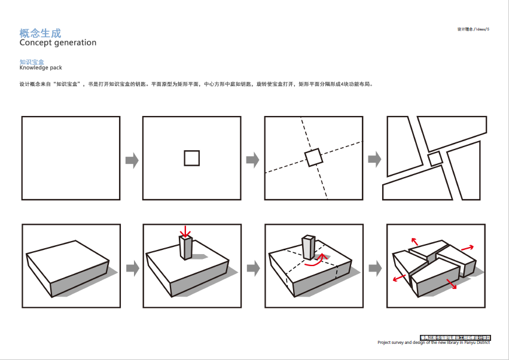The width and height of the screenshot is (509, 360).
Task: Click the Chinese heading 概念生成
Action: coord(40,33)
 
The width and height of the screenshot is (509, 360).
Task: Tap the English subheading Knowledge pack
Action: coord(41,68)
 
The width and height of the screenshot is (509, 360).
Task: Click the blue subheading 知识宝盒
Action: coord(32,62)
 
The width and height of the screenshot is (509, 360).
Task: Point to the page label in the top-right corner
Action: coord(473,29)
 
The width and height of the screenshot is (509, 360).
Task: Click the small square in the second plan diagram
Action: coord(191,158)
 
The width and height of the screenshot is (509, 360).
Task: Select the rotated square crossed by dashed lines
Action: coord(313,157)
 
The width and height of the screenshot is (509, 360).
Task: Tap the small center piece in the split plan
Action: coord(435,158)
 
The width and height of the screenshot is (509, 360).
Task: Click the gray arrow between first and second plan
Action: coord(132,160)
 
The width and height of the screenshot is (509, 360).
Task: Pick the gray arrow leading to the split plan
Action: coord(374,160)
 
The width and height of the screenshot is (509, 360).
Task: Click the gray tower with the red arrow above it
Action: coord(186,248)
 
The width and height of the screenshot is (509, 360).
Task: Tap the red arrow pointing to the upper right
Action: coord(467,247)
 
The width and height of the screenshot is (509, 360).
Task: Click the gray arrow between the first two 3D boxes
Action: coord(132,269)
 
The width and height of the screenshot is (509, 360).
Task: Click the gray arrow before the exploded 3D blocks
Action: coord(374,269)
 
